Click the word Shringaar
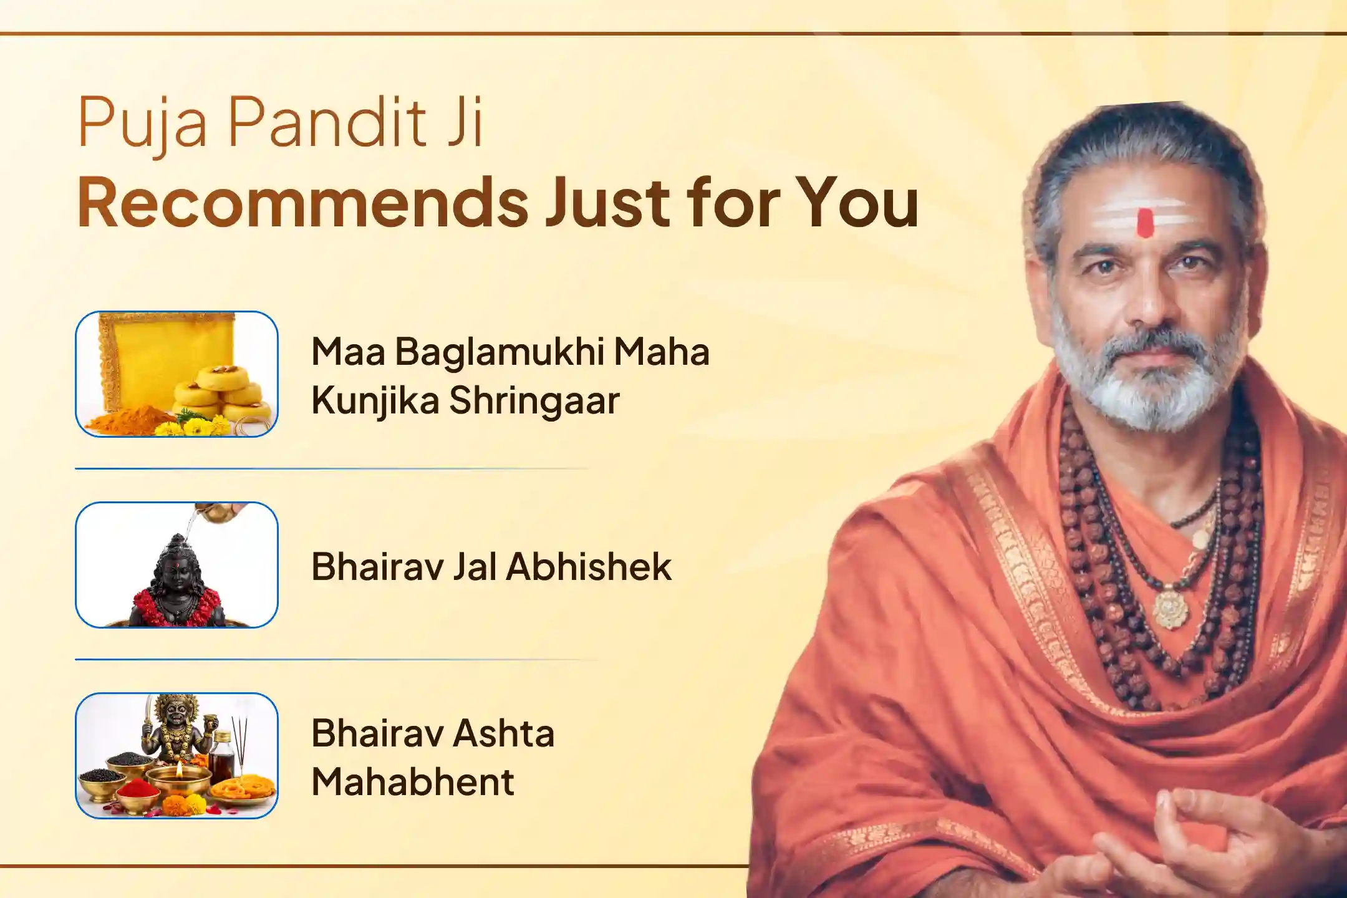pos(534,401)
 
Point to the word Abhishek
pos(589,567)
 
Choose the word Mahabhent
pos(413,782)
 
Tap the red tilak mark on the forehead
pos(1145,223)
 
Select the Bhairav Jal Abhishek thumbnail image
pos(176,564)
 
